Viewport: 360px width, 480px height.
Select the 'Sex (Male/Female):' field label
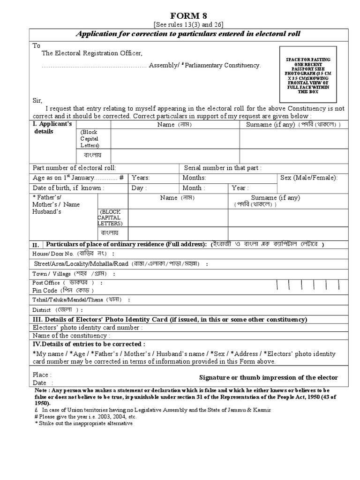pos(308,178)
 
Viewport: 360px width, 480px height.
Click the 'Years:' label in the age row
pos(141,178)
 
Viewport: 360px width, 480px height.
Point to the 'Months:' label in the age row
pos(194,178)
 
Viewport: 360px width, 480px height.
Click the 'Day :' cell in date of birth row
pos(139,188)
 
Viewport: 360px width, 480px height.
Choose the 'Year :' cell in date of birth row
pos(239,188)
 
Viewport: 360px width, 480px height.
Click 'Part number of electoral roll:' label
pos(74,168)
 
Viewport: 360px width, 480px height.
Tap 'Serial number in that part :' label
pos(223,168)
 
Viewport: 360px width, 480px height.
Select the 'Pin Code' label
pos(45,291)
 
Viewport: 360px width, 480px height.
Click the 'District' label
pos(42,310)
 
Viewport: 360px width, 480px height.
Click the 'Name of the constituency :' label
pos(71,336)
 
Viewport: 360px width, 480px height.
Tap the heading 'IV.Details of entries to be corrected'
pos(89,344)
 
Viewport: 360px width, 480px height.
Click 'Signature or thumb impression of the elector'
pos(268,378)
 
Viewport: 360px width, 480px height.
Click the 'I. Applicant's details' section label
pos(52,127)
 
